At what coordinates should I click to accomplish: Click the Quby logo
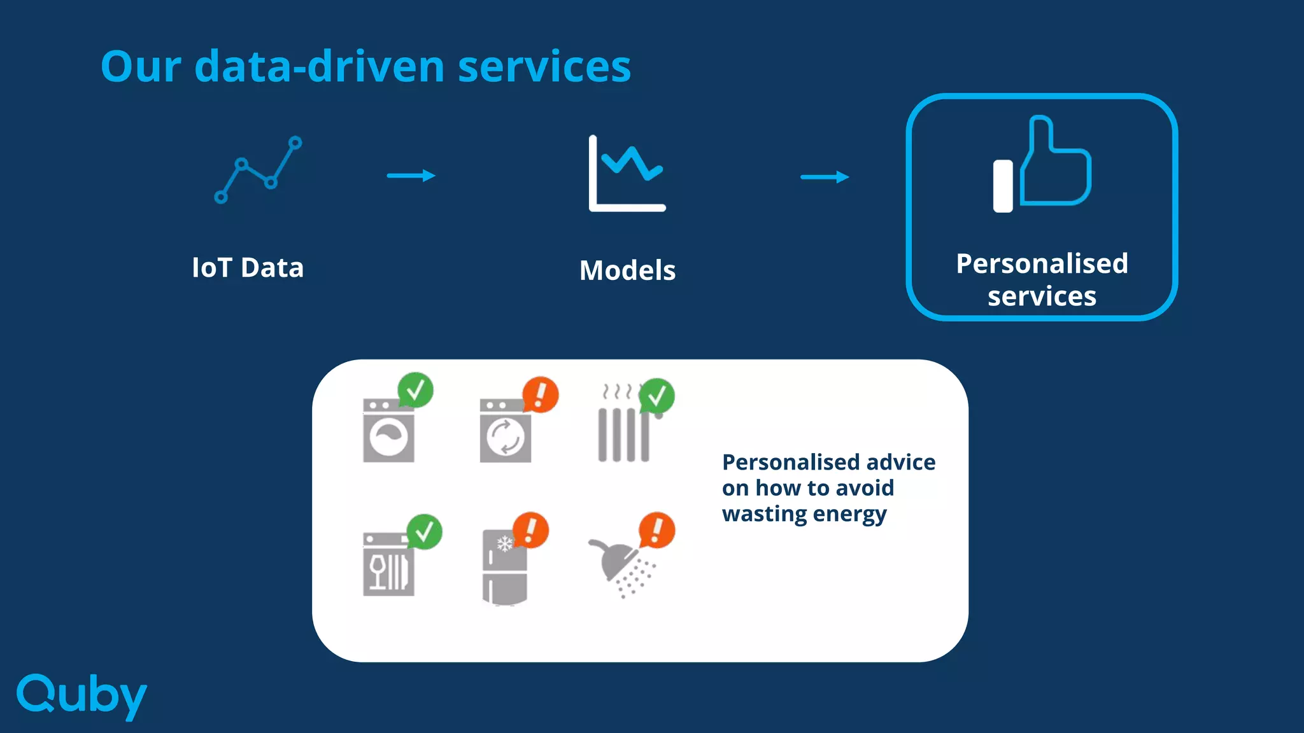[x=81, y=695]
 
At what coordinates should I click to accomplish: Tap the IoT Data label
[x=248, y=268]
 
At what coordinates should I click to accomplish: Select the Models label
[x=627, y=270]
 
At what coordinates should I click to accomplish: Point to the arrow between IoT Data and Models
[x=411, y=176]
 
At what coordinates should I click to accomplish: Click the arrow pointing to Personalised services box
[x=825, y=177]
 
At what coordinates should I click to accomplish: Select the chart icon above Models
[x=627, y=173]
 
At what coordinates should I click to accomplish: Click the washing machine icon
[x=388, y=431]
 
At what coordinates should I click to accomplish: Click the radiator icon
[x=623, y=433]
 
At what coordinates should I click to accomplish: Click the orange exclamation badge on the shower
[x=656, y=529]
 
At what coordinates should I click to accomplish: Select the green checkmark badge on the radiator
[x=656, y=396]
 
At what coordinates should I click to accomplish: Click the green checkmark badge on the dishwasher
[x=424, y=531]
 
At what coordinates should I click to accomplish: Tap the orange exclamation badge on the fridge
[x=530, y=529]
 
